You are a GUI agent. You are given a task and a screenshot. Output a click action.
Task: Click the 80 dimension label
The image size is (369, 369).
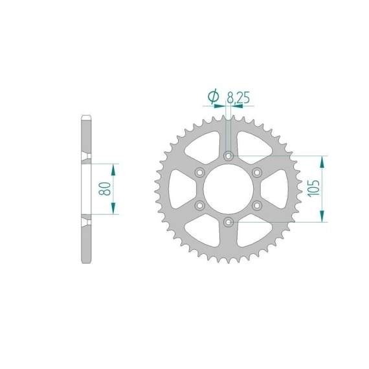[105, 189]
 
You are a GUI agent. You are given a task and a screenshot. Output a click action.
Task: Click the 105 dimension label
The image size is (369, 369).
[313, 188]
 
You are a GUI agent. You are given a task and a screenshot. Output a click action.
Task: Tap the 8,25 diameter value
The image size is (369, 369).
[238, 97]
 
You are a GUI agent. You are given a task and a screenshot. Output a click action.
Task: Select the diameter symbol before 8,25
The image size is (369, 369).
[214, 96]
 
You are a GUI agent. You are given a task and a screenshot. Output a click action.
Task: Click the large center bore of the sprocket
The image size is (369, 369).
[229, 189]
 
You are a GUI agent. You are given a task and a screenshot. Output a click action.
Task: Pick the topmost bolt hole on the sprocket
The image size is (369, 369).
[229, 156]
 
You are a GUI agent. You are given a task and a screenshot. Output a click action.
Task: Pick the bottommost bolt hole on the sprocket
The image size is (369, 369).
[229, 222]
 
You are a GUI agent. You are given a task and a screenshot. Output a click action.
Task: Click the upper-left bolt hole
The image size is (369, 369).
[199, 172]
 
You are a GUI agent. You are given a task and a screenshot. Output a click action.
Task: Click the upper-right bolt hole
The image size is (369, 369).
[257, 172]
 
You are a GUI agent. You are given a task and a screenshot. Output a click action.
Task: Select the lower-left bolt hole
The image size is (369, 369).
[199, 206]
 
